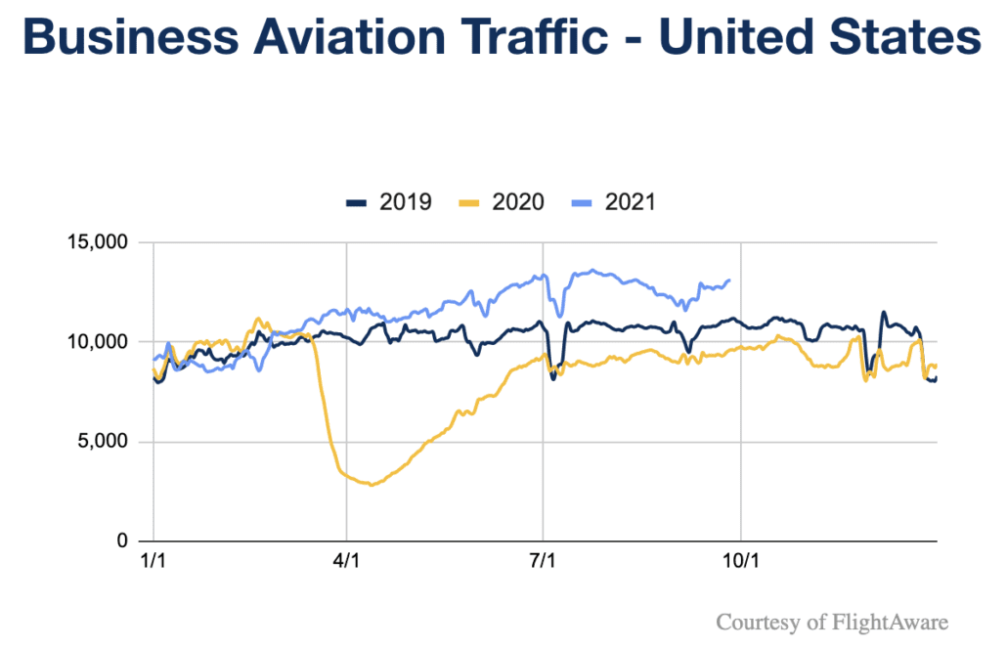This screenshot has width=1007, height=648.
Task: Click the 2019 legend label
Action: coord(408,202)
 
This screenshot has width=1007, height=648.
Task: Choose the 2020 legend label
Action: coord(518,202)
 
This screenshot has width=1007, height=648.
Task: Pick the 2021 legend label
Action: coord(631,202)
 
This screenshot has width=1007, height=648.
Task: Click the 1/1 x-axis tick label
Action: coord(153,564)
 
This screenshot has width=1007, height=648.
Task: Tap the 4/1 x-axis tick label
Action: coord(347,564)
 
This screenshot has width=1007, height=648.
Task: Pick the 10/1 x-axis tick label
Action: coord(740,564)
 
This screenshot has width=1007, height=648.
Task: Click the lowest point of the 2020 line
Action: coord(371,485)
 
